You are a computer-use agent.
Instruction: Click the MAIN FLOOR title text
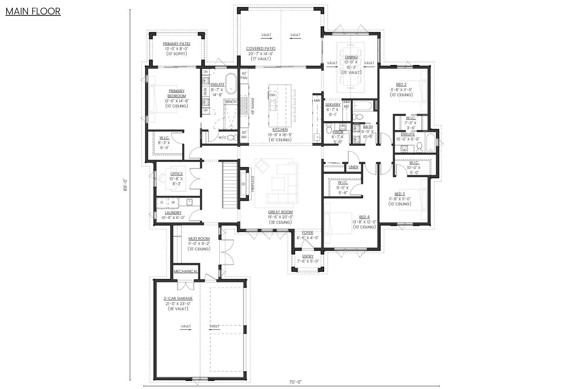[33, 11]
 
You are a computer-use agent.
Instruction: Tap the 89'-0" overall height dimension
[125, 185]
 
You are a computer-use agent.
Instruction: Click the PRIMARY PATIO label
[176, 44]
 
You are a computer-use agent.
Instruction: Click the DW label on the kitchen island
[272, 95]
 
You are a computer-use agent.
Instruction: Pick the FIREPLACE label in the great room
[253, 184]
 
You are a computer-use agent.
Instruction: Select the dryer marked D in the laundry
[162, 203]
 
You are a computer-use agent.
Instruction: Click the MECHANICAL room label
[185, 272]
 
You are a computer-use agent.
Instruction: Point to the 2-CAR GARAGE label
[178, 299]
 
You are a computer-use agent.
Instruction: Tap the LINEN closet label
[353, 167]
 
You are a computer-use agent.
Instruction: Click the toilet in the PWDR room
[328, 129]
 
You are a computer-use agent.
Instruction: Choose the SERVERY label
[333, 105]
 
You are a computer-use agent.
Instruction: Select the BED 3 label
[399, 194]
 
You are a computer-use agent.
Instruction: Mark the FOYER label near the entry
[308, 233]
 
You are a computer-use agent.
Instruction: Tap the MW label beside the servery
[317, 101]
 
